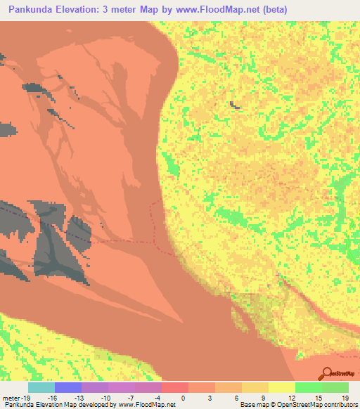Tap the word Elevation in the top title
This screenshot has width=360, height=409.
[86, 11]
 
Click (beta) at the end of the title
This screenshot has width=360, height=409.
[271, 11]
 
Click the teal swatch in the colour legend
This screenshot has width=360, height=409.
[41, 387]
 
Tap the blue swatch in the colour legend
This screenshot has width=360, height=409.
[68, 387]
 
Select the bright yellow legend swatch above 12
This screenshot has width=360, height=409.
[282, 387]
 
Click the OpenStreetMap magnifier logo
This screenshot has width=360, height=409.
[327, 374]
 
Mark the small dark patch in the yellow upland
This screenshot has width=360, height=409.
[234, 105]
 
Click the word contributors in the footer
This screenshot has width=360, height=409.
[337, 405]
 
